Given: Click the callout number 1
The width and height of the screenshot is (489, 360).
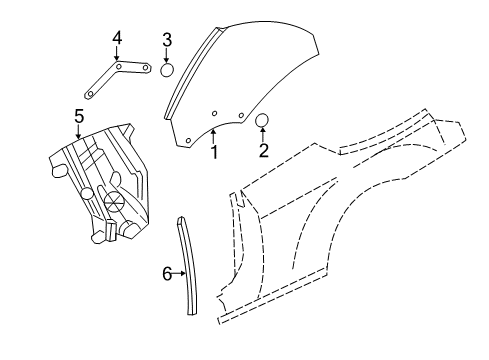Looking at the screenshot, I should pyautogui.click(x=213, y=153).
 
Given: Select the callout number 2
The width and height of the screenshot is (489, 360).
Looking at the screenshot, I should pyautogui.click(x=264, y=153).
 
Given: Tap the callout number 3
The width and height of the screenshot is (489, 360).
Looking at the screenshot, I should pyautogui.click(x=167, y=40).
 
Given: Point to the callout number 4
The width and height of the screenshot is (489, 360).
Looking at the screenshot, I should pyautogui.click(x=117, y=39).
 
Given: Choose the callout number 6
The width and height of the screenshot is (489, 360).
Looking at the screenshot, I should pyautogui.click(x=168, y=272).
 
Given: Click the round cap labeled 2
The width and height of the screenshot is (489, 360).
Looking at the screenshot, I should pyautogui.click(x=263, y=121).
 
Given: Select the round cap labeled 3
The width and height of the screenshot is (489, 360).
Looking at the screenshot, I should pyautogui.click(x=167, y=70).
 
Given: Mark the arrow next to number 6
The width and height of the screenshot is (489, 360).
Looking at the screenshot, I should pyautogui.click(x=179, y=272).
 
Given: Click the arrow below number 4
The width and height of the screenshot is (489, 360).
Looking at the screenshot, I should pyautogui.click(x=117, y=54).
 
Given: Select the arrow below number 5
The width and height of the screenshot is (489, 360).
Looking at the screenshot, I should pyautogui.click(x=79, y=131).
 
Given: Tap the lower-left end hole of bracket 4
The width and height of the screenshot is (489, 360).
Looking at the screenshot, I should pyautogui.click(x=90, y=95).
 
